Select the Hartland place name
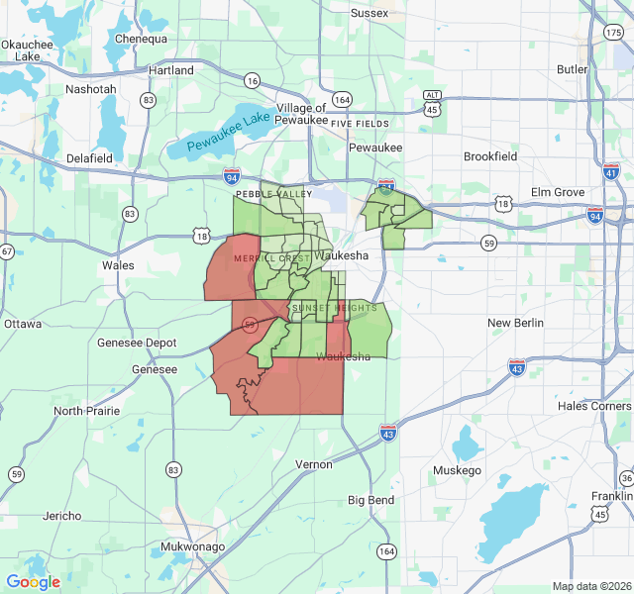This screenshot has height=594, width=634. (x=171, y=70)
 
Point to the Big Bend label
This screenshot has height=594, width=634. (x=370, y=500)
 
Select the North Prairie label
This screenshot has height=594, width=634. (x=86, y=411)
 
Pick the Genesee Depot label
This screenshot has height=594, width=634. (x=136, y=343)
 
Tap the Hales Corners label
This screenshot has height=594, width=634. (x=593, y=406)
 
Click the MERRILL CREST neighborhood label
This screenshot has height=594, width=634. (x=271, y=258)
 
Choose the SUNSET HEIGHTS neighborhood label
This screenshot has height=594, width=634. (x=334, y=308)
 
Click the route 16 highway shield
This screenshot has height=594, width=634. (x=253, y=80)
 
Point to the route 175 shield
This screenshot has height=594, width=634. (x=613, y=34)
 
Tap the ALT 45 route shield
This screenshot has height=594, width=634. (x=432, y=103)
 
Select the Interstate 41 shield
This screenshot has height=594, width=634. (x=610, y=172)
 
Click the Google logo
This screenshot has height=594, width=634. (x=33, y=582)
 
